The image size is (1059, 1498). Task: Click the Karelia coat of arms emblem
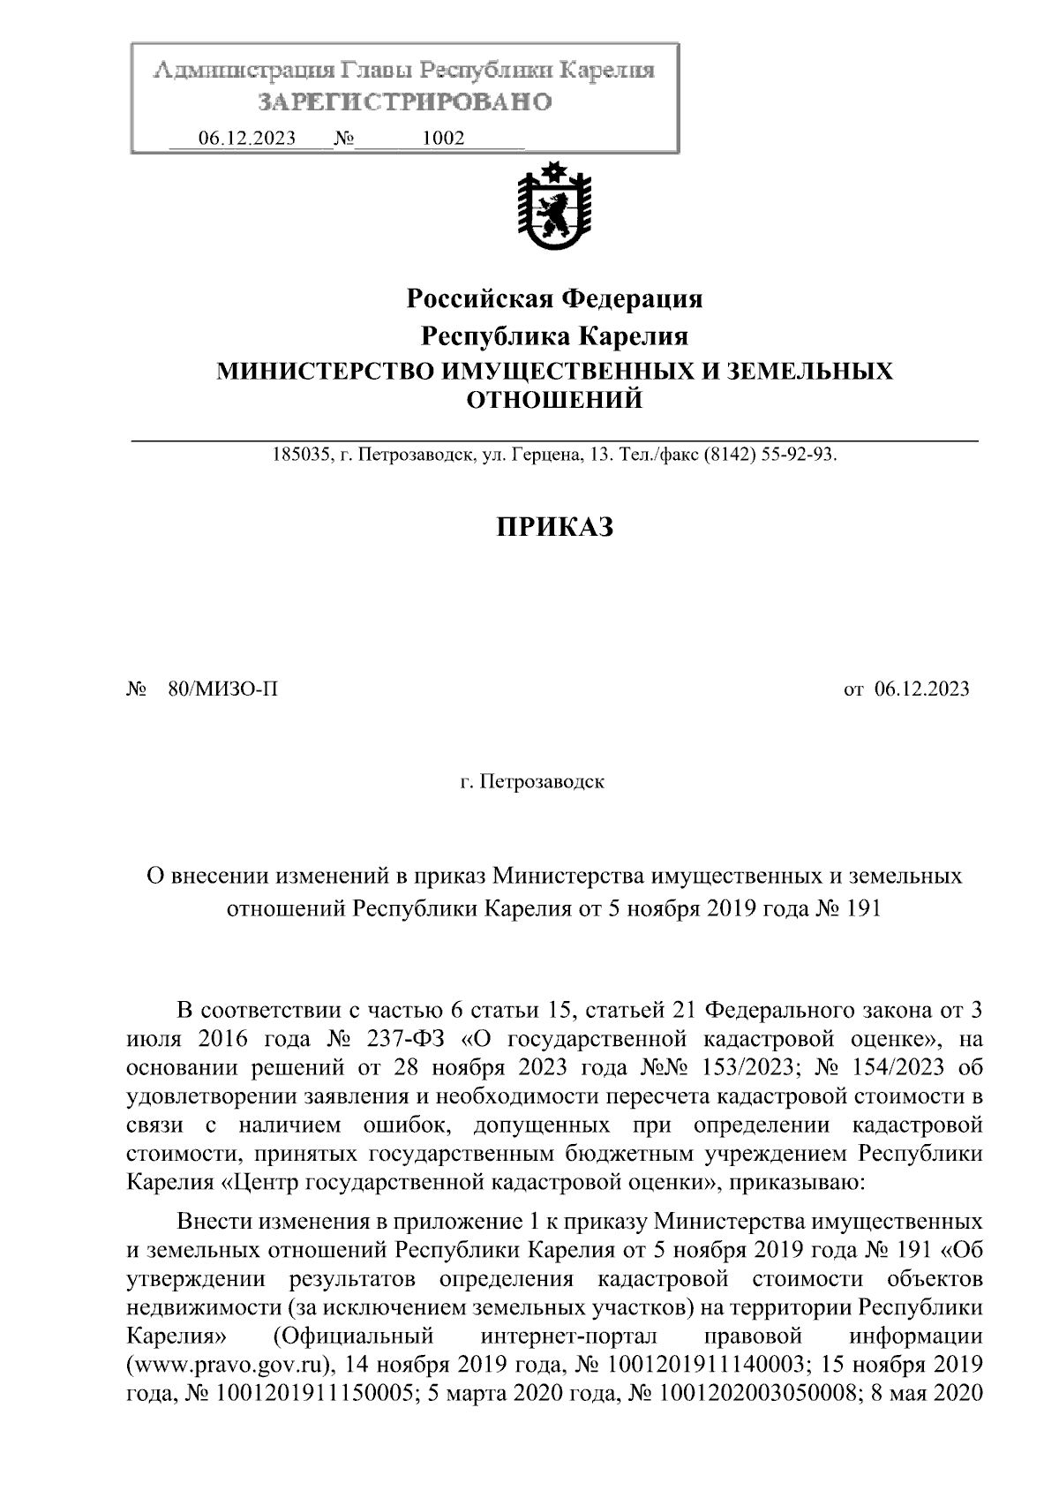click(x=554, y=208)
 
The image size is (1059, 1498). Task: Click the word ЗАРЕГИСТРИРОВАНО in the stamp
click(x=405, y=102)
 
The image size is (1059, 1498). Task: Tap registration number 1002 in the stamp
click(x=444, y=138)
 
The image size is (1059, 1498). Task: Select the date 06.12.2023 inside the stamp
click(x=247, y=138)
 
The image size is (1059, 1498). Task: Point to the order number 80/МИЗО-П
click(x=222, y=689)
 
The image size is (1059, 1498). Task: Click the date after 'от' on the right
click(x=921, y=689)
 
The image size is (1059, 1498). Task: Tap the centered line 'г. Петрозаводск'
click(x=532, y=782)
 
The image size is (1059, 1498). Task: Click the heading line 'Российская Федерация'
click(x=554, y=299)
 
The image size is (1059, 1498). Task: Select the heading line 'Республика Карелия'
click(x=554, y=336)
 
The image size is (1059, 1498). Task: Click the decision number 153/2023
click(x=750, y=1067)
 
